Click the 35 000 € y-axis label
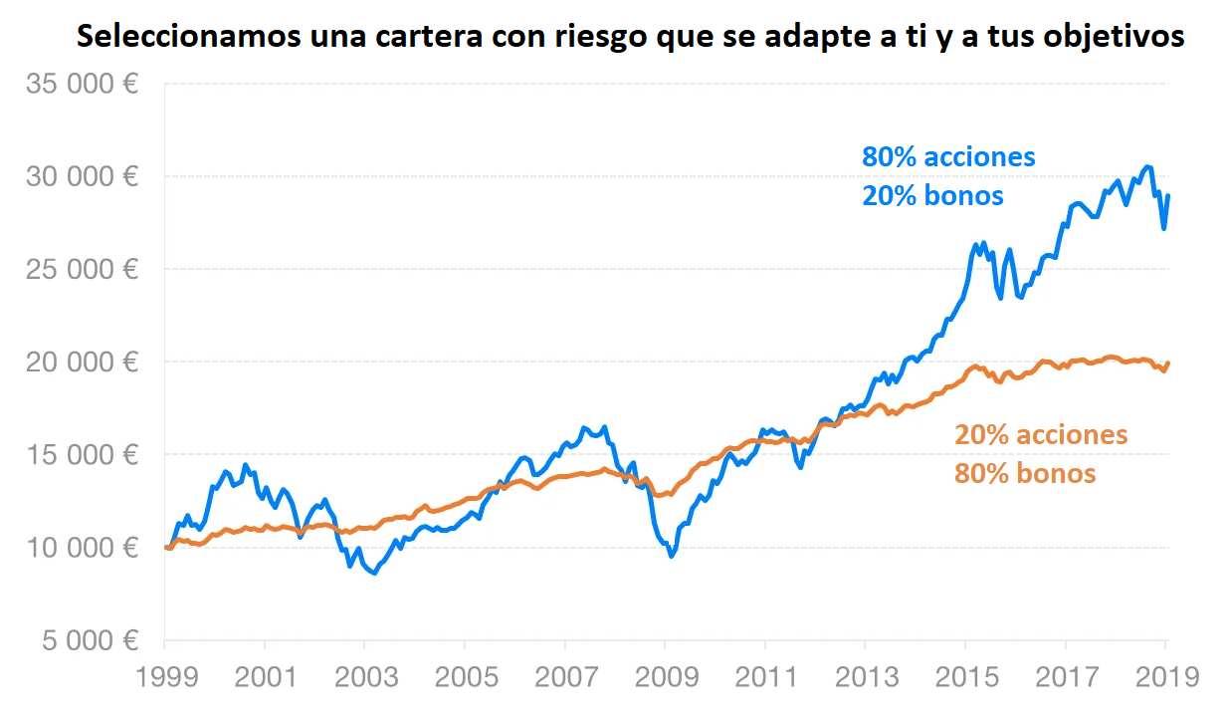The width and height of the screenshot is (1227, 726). coord(82,85)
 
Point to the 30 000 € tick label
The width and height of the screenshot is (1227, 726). coord(82,177)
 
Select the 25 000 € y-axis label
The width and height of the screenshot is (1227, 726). coord(82,270)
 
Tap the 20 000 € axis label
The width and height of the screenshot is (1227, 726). coord(82,363)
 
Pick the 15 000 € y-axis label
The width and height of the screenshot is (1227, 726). coord(82,455)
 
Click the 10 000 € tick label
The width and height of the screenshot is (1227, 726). coord(82,548)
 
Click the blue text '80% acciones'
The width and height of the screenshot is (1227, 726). coord(948,157)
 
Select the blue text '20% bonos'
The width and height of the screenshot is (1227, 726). coord(932,196)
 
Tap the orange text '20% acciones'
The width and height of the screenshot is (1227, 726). coord(1041,435)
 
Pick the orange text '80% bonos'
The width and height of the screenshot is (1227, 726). coord(1025,473)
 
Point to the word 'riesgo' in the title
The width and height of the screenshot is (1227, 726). coord(577,37)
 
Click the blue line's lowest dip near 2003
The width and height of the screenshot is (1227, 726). coord(374,574)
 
